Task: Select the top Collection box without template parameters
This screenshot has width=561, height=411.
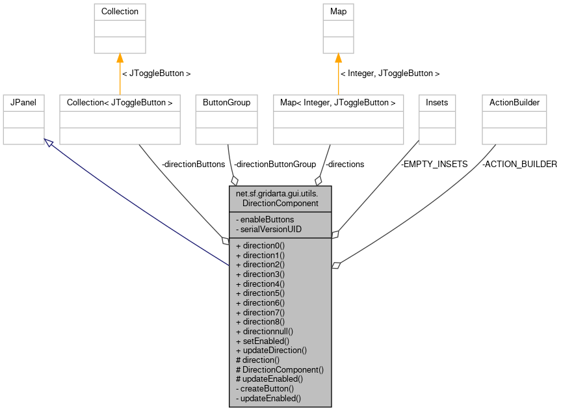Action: click(x=120, y=29)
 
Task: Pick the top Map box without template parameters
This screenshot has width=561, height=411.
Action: click(x=338, y=29)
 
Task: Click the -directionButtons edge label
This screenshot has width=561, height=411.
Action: click(x=193, y=165)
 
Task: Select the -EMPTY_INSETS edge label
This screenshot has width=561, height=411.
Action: click(x=434, y=165)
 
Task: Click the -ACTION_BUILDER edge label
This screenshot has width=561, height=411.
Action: click(x=519, y=165)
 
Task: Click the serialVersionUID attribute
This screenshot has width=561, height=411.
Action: click(x=268, y=230)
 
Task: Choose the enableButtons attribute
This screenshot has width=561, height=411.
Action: click(x=265, y=220)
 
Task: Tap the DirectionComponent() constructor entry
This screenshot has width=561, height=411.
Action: click(x=280, y=369)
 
